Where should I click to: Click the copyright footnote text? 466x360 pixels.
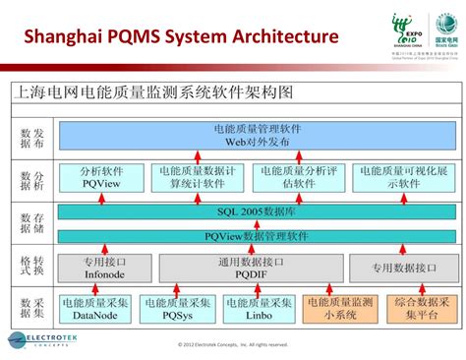pos(233,345)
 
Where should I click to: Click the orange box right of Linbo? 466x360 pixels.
pos(341,310)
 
